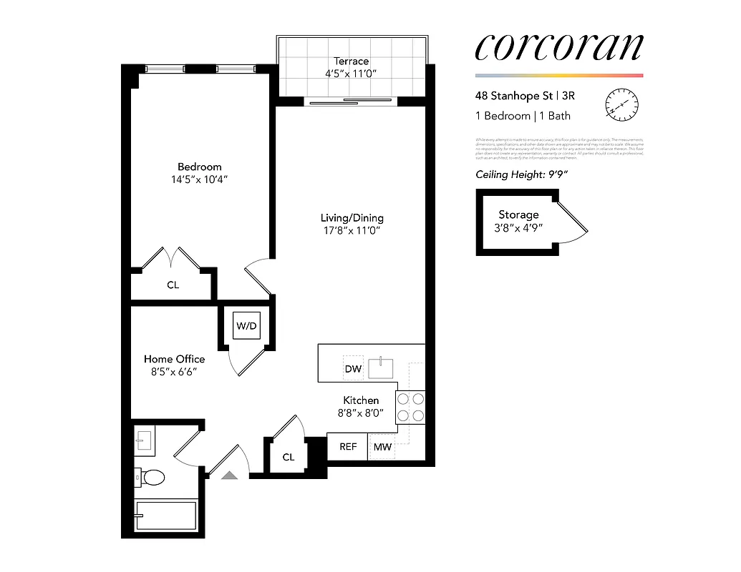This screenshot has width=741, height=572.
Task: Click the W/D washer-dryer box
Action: [246, 326]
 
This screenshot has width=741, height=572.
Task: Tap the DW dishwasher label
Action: [353, 369]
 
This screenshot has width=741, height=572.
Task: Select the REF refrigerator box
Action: [348, 447]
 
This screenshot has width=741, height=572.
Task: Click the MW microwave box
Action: [382, 447]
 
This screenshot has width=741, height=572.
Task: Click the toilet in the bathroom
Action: [151, 477]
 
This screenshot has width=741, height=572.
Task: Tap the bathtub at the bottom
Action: [165, 516]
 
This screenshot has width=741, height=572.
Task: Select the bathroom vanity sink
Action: [145, 442]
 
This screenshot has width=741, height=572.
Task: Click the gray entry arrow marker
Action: [230, 474]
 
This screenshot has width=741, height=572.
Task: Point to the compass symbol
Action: [621, 105]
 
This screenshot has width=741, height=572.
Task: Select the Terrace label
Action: [351, 61]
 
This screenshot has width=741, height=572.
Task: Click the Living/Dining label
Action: [352, 217]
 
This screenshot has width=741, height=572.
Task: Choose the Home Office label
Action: [174, 359]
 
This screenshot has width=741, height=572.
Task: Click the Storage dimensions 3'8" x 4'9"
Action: [518, 227]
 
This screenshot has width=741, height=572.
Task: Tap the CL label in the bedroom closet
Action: [173, 285]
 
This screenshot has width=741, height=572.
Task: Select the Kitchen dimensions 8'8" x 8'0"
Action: [360, 413]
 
